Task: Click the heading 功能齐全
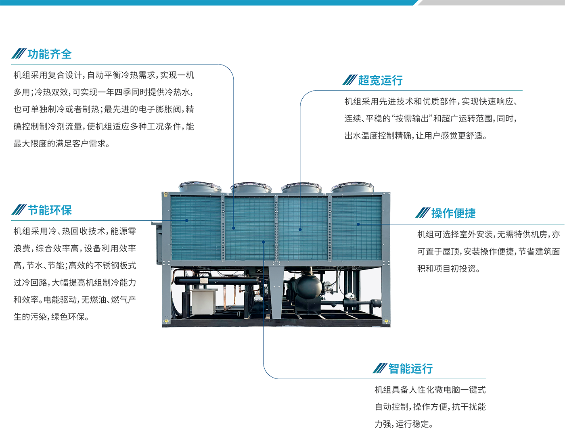[x=49, y=54]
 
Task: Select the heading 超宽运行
[x=381, y=80]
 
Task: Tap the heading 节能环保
[x=50, y=210]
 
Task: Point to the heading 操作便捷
[x=454, y=213]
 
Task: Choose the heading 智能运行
[x=410, y=369]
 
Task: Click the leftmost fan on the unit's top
[x=200, y=187]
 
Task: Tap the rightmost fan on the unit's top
[x=352, y=187]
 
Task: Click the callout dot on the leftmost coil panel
[x=186, y=221]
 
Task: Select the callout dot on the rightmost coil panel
[x=358, y=224]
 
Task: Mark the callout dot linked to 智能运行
[x=264, y=242]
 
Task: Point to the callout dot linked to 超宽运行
[x=300, y=230]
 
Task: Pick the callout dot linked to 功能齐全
[x=234, y=228]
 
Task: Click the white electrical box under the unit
[x=203, y=301]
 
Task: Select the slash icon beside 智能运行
[x=380, y=368]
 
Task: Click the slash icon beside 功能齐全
[x=19, y=54]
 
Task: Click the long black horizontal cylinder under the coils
[x=216, y=281]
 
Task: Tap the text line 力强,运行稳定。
[x=404, y=424]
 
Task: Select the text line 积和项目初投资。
[x=449, y=268]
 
